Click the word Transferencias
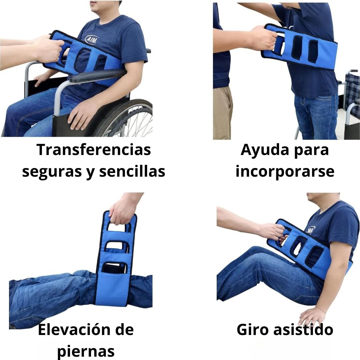tap(94, 150)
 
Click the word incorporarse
tap(285, 171)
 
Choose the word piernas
tap(86, 351)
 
